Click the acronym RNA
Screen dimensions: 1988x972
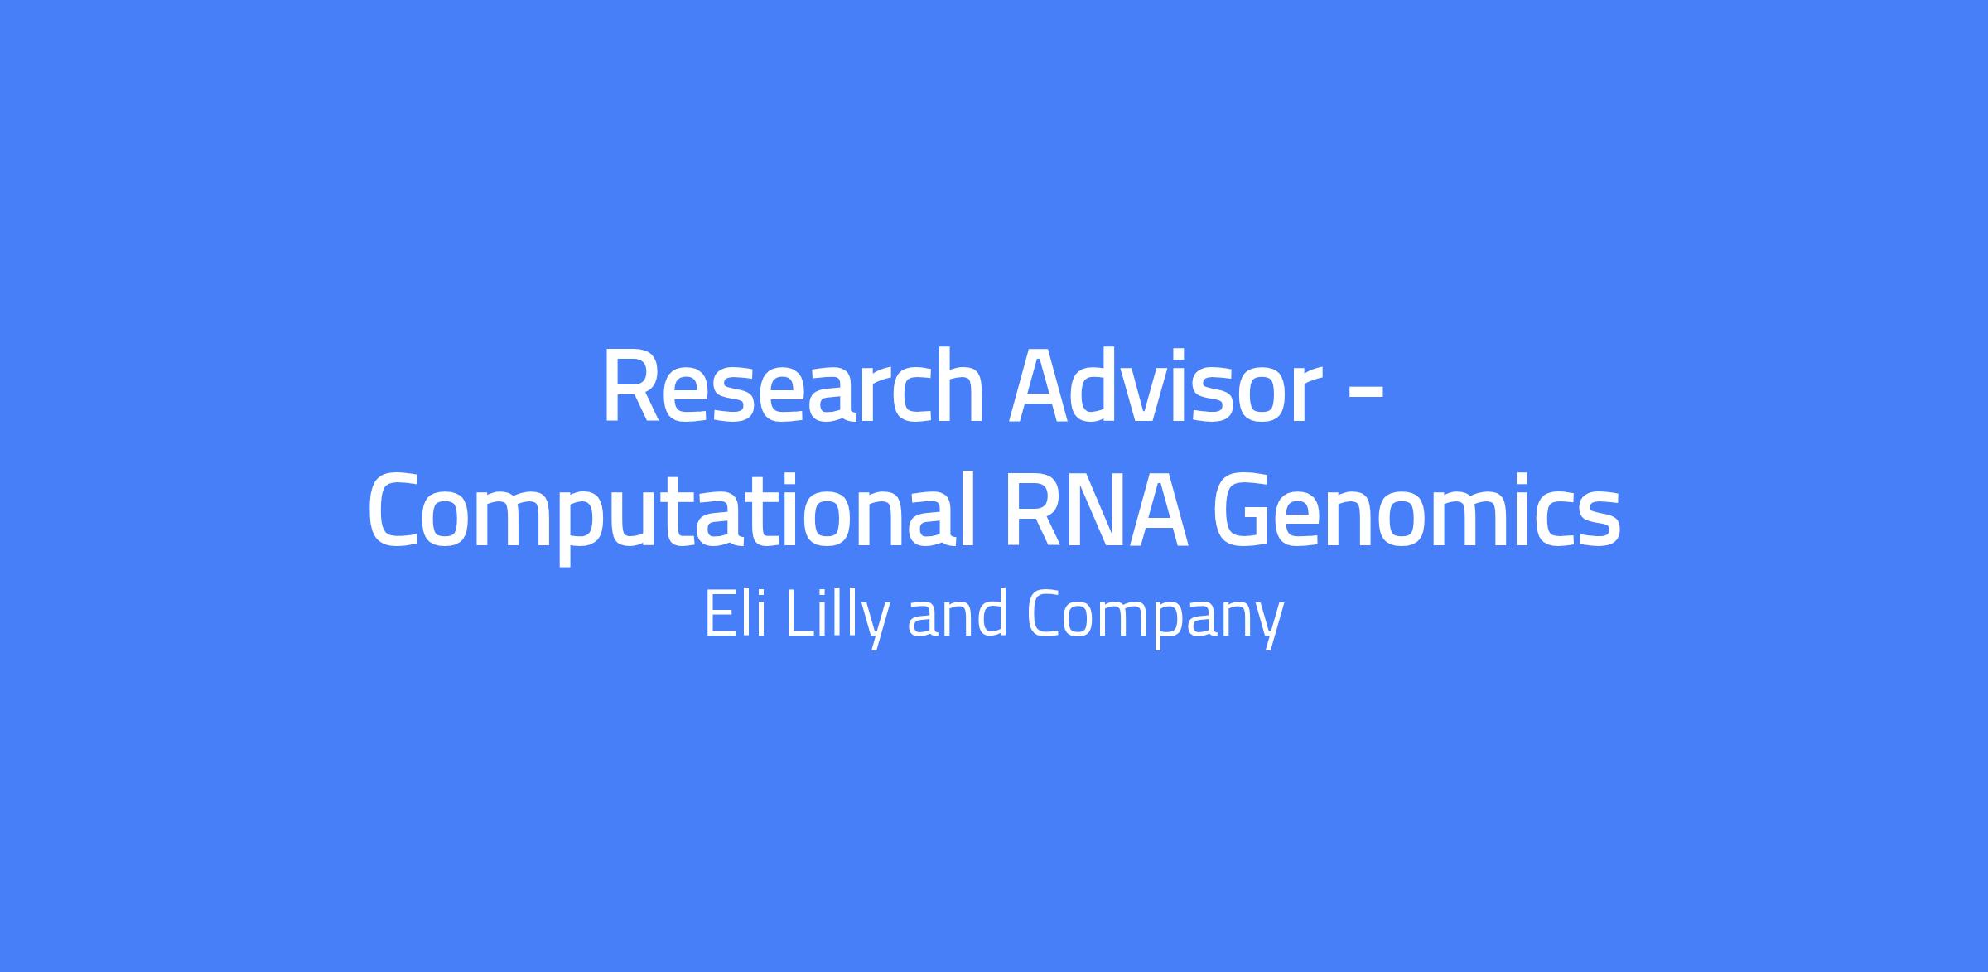click(1098, 510)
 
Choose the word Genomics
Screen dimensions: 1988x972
click(1416, 511)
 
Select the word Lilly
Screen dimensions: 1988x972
click(837, 618)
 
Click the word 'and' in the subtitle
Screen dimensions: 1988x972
click(958, 616)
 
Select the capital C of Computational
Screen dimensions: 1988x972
click(395, 510)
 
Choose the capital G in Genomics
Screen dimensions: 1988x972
click(1242, 510)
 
